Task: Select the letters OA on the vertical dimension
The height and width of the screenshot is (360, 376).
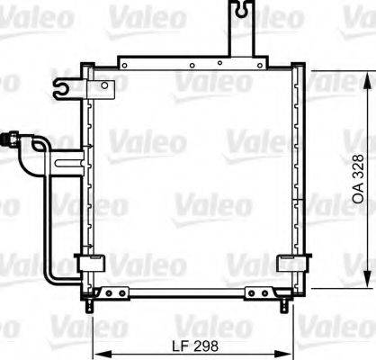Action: [357, 193]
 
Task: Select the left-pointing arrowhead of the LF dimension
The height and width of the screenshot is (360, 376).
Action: [101, 353]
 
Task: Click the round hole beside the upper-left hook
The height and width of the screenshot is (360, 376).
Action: [105, 86]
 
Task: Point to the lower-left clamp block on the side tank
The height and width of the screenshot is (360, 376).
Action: [89, 263]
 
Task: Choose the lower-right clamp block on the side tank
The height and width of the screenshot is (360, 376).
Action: [291, 263]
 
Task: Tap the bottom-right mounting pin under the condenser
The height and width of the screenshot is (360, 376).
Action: [284, 307]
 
